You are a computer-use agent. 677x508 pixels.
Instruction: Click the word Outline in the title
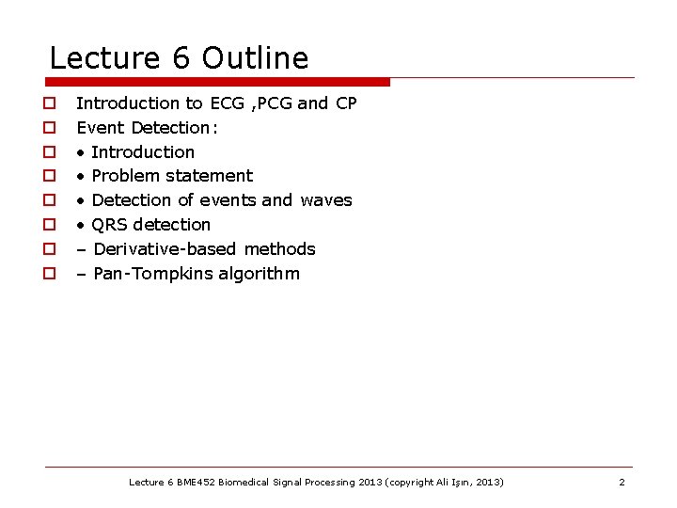pos(255,58)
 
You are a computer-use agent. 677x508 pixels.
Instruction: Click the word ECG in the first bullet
pos(227,103)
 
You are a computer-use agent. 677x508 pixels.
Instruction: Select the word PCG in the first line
pos(274,103)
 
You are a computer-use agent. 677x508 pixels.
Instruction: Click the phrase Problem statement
pos(172,176)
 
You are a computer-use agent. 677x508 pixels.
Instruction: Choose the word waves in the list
pos(326,200)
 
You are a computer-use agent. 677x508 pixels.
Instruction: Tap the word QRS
pos(111,225)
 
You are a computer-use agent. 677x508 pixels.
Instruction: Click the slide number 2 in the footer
pos(622,482)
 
